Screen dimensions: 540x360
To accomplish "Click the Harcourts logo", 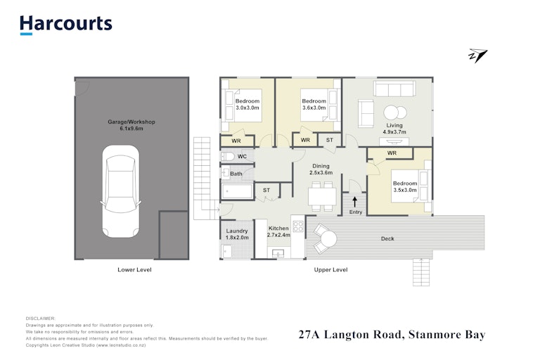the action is point(66,25).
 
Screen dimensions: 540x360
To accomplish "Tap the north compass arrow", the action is point(478,56).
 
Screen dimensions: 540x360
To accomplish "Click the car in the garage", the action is point(121,191).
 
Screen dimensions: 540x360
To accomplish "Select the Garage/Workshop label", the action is point(131,125).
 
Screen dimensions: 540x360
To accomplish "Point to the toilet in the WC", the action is point(228,157).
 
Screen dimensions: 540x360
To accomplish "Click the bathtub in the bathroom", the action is point(237,191).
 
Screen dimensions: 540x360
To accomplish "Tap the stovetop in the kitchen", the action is point(298,226).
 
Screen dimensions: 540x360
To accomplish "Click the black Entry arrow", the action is point(354,202).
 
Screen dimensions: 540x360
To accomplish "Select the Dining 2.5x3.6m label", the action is point(321,169).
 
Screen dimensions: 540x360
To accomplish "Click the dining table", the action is point(322,196).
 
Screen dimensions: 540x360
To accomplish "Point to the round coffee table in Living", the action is point(395,112).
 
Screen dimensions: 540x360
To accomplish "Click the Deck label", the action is point(387,238).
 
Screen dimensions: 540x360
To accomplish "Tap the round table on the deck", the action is point(328,238).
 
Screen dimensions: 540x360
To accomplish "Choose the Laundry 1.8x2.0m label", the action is point(237,234).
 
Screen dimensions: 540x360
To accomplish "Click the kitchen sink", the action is point(278,254).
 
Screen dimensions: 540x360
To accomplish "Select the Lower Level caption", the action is point(134,270).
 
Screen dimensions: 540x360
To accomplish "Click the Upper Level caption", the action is point(330,270).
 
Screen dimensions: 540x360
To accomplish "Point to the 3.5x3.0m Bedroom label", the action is point(405,187).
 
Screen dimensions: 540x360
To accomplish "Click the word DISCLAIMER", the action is point(40,319).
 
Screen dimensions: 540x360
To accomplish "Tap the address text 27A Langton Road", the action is point(350,335).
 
